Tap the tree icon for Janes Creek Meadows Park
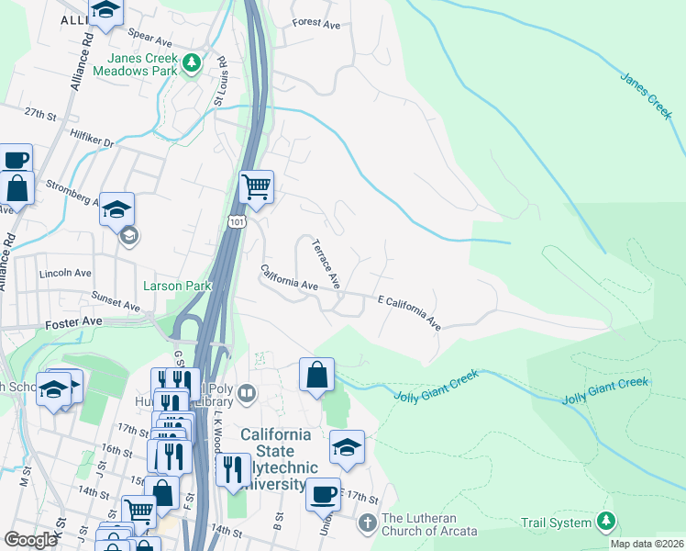(191, 62)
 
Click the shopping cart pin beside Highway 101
(256, 186)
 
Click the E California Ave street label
(409, 312)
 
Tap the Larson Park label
(177, 286)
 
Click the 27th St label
(40, 113)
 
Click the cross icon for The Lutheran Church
(367, 523)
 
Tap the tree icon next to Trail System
(605, 522)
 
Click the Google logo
(30, 539)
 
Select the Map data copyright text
(647, 544)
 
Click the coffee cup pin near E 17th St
(323, 493)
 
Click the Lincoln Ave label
(65, 274)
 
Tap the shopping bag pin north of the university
(316, 374)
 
